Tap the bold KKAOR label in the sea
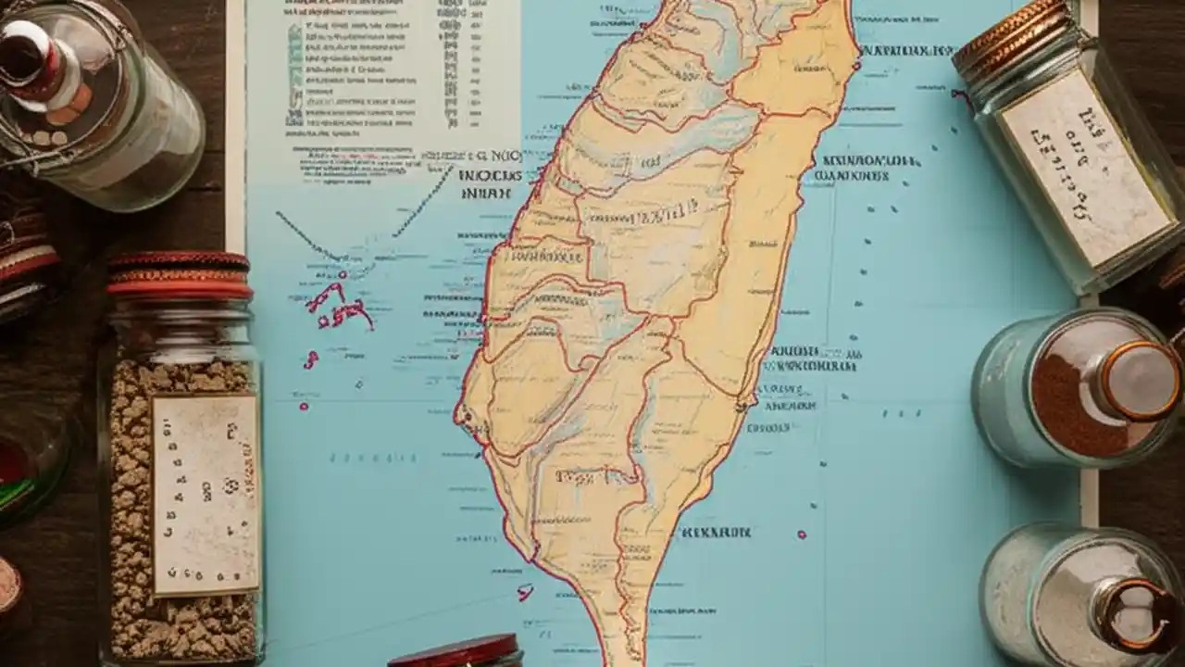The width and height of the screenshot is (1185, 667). (715, 533)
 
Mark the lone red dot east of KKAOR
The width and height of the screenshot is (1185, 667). (802, 535)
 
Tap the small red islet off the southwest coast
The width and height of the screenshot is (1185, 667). (525, 591)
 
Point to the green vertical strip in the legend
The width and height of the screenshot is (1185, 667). (294, 74)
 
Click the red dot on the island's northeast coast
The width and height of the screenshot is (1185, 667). (859, 65)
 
